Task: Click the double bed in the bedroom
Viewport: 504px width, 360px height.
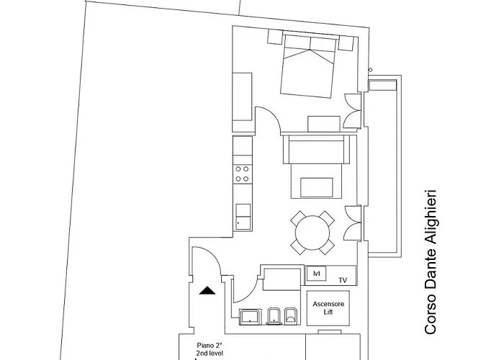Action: pyautogui.click(x=309, y=66)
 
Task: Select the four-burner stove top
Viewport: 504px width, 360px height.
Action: pyautogui.click(x=242, y=174)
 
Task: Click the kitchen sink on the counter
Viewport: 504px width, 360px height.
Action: pyautogui.click(x=243, y=217)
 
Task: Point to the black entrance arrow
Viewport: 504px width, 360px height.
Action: pyautogui.click(x=207, y=291)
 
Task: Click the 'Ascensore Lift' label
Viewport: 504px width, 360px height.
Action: pyautogui.click(x=328, y=308)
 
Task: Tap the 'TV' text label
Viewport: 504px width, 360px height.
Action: pyautogui.click(x=343, y=280)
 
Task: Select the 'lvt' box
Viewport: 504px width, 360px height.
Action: pyautogui.click(x=316, y=274)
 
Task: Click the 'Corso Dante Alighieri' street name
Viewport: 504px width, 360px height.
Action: pyautogui.click(x=431, y=262)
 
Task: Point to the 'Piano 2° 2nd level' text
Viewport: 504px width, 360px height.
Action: pyautogui.click(x=210, y=349)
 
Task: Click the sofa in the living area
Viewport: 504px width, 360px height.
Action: pyautogui.click(x=316, y=150)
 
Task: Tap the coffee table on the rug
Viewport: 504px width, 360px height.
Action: pyautogui.click(x=317, y=187)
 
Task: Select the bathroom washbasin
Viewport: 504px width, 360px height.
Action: pyautogui.click(x=250, y=316)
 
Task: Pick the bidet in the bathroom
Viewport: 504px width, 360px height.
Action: pyautogui.click(x=274, y=316)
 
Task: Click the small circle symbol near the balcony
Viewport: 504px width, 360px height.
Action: pyautogui.click(x=370, y=70)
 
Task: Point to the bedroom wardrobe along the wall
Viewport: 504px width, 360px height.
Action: pyautogui.click(x=242, y=96)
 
